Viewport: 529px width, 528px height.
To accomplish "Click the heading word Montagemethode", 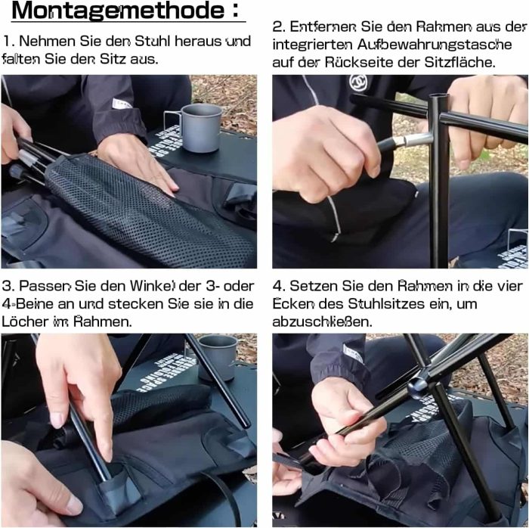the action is pos(119,10).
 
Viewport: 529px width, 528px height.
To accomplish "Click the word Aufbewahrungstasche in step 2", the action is pos(435,45).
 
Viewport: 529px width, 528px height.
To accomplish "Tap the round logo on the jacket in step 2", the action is pos(357,82).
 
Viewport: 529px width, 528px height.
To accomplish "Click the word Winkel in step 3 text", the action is pos(153,286).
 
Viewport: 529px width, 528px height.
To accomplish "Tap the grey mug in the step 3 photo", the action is pos(216,356).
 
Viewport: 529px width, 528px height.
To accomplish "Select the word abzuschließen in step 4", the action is pos(322,321).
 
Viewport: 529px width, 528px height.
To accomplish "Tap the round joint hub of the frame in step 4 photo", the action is pos(418,387).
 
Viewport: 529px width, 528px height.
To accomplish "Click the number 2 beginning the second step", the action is pos(277,26).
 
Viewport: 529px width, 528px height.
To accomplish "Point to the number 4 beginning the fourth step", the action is pos(278,286).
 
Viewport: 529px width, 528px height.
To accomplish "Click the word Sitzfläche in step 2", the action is pos(459,62).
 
